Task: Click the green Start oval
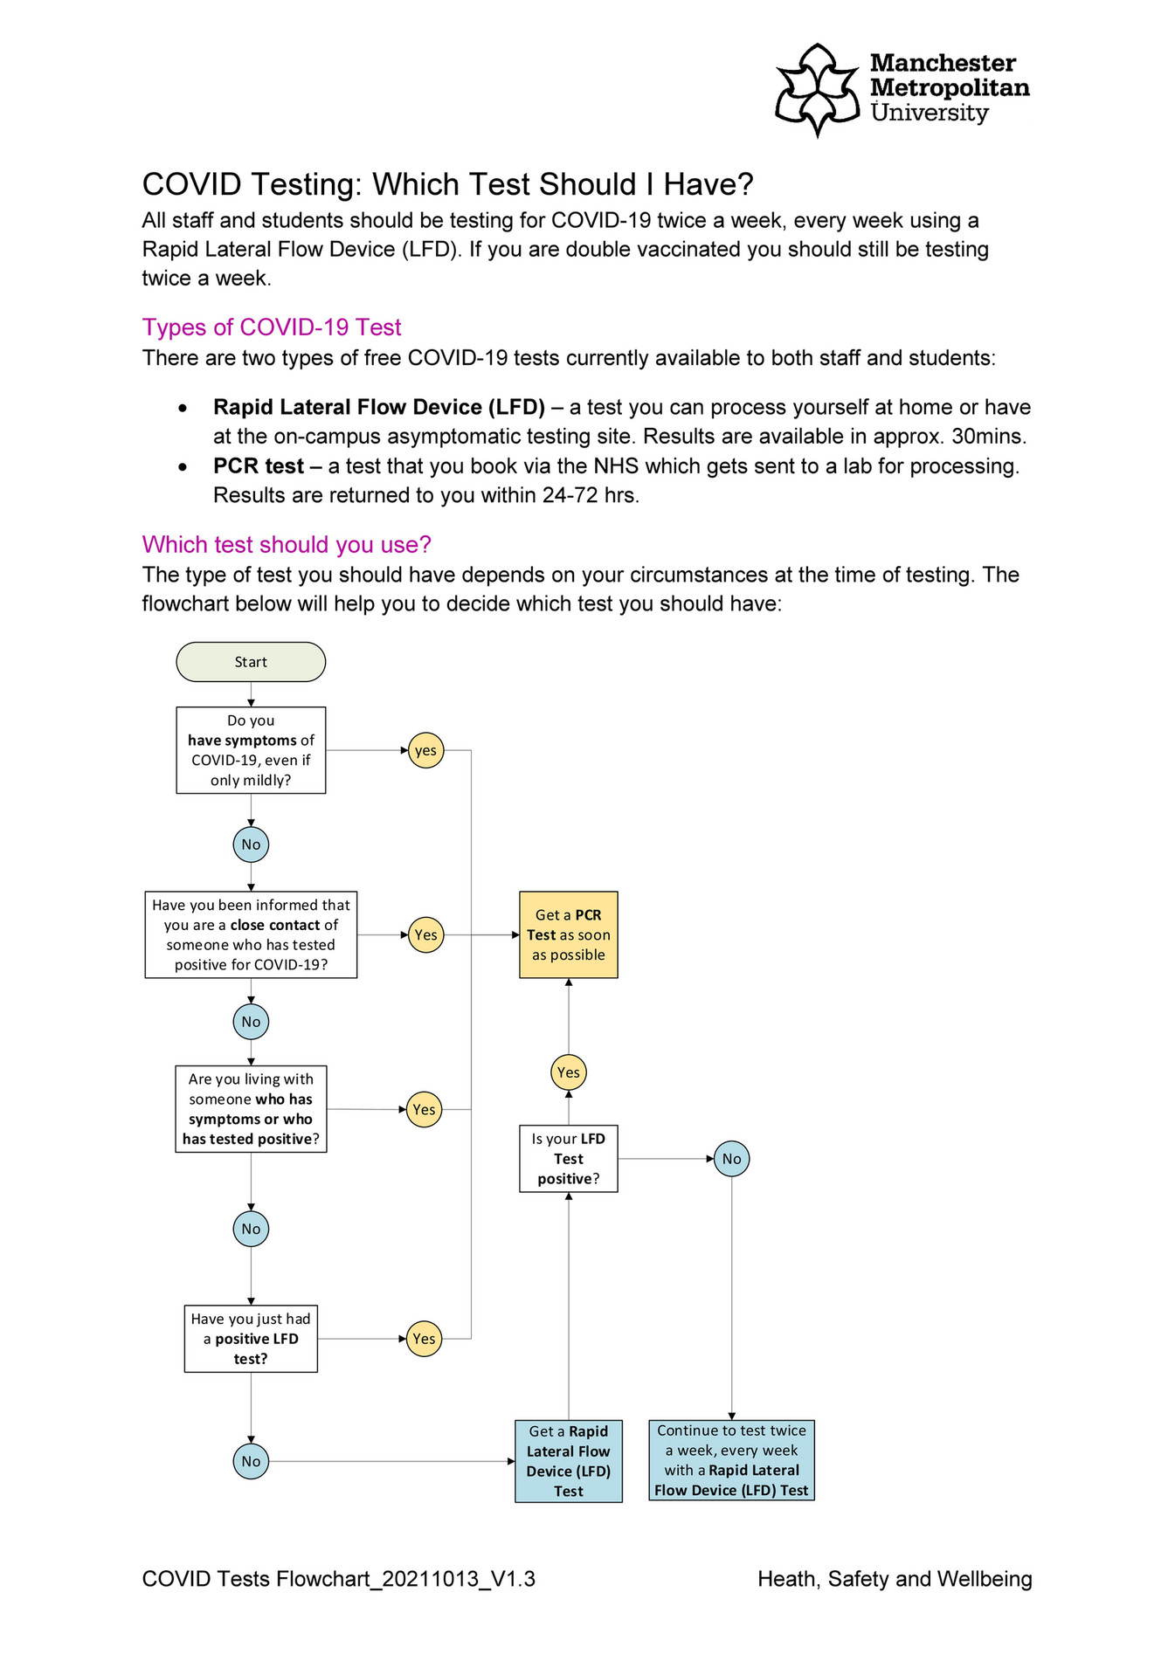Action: [251, 662]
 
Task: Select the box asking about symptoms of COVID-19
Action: [251, 750]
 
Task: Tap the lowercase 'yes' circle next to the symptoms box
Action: [425, 750]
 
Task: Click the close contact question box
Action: [251, 934]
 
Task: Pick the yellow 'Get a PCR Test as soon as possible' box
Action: [568, 934]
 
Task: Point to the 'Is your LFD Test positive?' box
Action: [568, 1159]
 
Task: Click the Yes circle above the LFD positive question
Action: [568, 1072]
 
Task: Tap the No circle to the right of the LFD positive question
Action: [731, 1159]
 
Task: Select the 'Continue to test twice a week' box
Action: [731, 1460]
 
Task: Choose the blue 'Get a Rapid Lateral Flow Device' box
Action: [568, 1461]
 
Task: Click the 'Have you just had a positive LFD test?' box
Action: [251, 1339]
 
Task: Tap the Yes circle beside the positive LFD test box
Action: [424, 1339]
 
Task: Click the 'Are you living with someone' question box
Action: [251, 1109]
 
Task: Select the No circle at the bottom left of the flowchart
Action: [251, 1461]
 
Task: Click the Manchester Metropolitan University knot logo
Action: [818, 89]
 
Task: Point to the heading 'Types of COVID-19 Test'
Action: [272, 327]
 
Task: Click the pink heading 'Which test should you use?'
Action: [287, 545]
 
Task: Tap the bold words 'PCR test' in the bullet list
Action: [259, 466]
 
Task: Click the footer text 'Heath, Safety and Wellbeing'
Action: [895, 1579]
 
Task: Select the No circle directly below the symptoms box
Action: [251, 844]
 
